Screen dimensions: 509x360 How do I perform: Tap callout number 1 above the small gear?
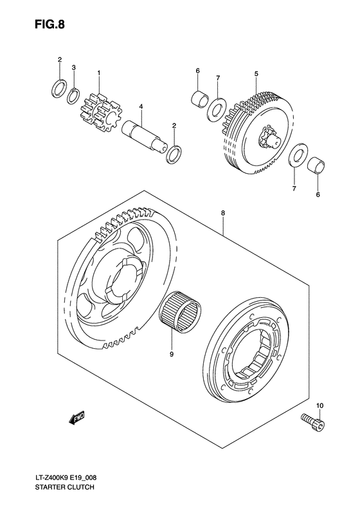point(99,73)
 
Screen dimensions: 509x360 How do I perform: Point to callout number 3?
point(75,68)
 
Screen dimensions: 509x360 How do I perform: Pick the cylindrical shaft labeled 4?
point(145,133)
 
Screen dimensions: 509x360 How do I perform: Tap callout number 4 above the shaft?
point(139,107)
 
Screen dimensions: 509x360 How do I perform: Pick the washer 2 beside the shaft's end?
point(173,155)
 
